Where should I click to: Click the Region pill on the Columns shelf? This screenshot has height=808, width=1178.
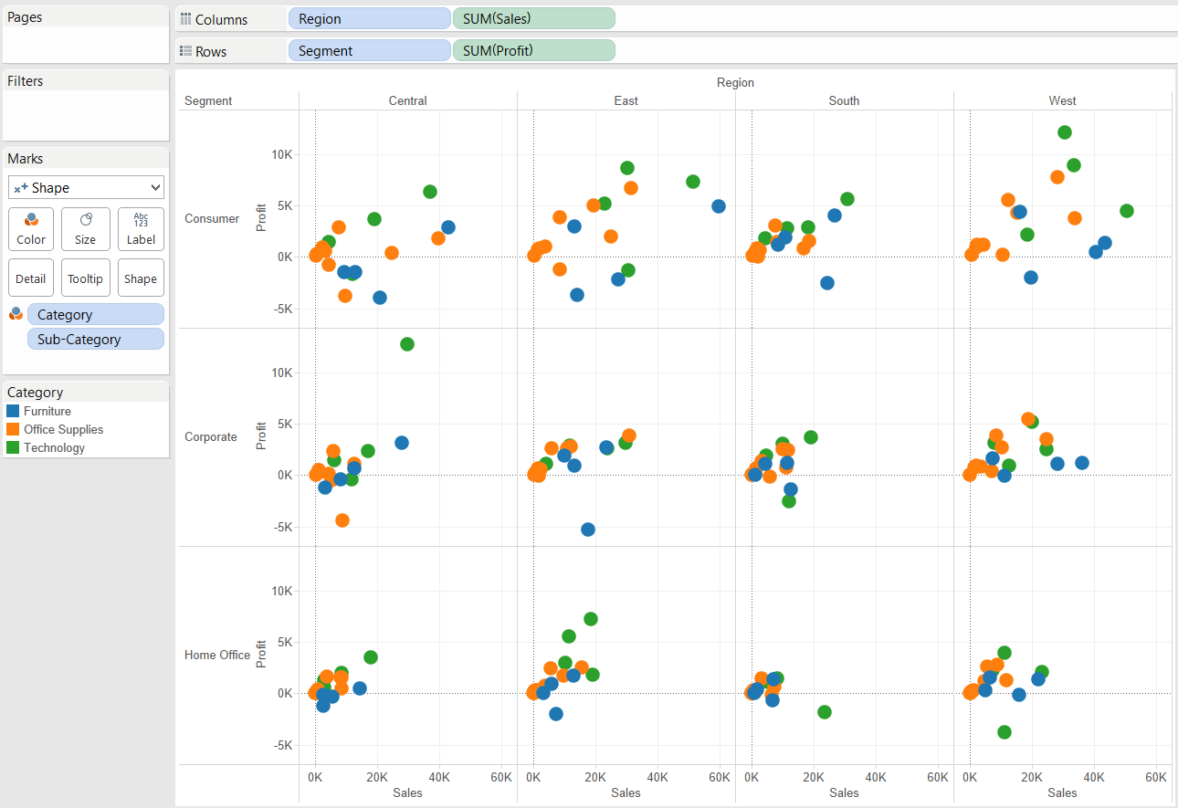pyautogui.click(x=369, y=19)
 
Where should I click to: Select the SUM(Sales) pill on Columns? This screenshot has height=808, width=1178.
pyautogui.click(x=533, y=19)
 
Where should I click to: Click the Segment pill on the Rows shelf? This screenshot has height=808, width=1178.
pyautogui.click(x=369, y=51)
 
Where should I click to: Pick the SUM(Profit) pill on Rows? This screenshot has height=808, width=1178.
pyautogui.click(x=533, y=51)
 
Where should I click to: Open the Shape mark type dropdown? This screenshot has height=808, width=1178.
pyautogui.click(x=86, y=187)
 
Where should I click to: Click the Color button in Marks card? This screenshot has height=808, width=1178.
pyautogui.click(x=31, y=229)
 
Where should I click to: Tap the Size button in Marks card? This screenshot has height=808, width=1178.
pyautogui.click(x=86, y=229)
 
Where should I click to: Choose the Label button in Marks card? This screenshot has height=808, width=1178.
pyautogui.click(x=141, y=229)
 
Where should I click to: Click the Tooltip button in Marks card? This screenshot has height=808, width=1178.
pyautogui.click(x=86, y=278)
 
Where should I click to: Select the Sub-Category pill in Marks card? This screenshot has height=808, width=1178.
pyautogui.click(x=96, y=339)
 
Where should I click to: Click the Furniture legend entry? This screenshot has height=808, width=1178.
pyautogui.click(x=47, y=411)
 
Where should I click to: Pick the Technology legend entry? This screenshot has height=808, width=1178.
pyautogui.click(x=54, y=447)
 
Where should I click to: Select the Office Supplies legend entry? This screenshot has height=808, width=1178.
pyautogui.click(x=63, y=429)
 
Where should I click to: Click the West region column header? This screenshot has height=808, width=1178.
pyautogui.click(x=1062, y=100)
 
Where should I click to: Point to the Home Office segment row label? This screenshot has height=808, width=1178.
pyautogui.click(x=217, y=655)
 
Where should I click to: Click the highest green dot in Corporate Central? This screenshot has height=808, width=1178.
pyautogui.click(x=407, y=344)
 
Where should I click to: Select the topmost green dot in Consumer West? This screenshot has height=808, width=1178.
pyautogui.click(x=1064, y=132)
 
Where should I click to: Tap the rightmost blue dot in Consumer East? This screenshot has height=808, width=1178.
pyautogui.click(x=719, y=206)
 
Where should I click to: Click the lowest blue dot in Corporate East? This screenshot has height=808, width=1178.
pyautogui.click(x=588, y=530)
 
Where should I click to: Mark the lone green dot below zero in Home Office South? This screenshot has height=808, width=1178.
pyautogui.click(x=825, y=712)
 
